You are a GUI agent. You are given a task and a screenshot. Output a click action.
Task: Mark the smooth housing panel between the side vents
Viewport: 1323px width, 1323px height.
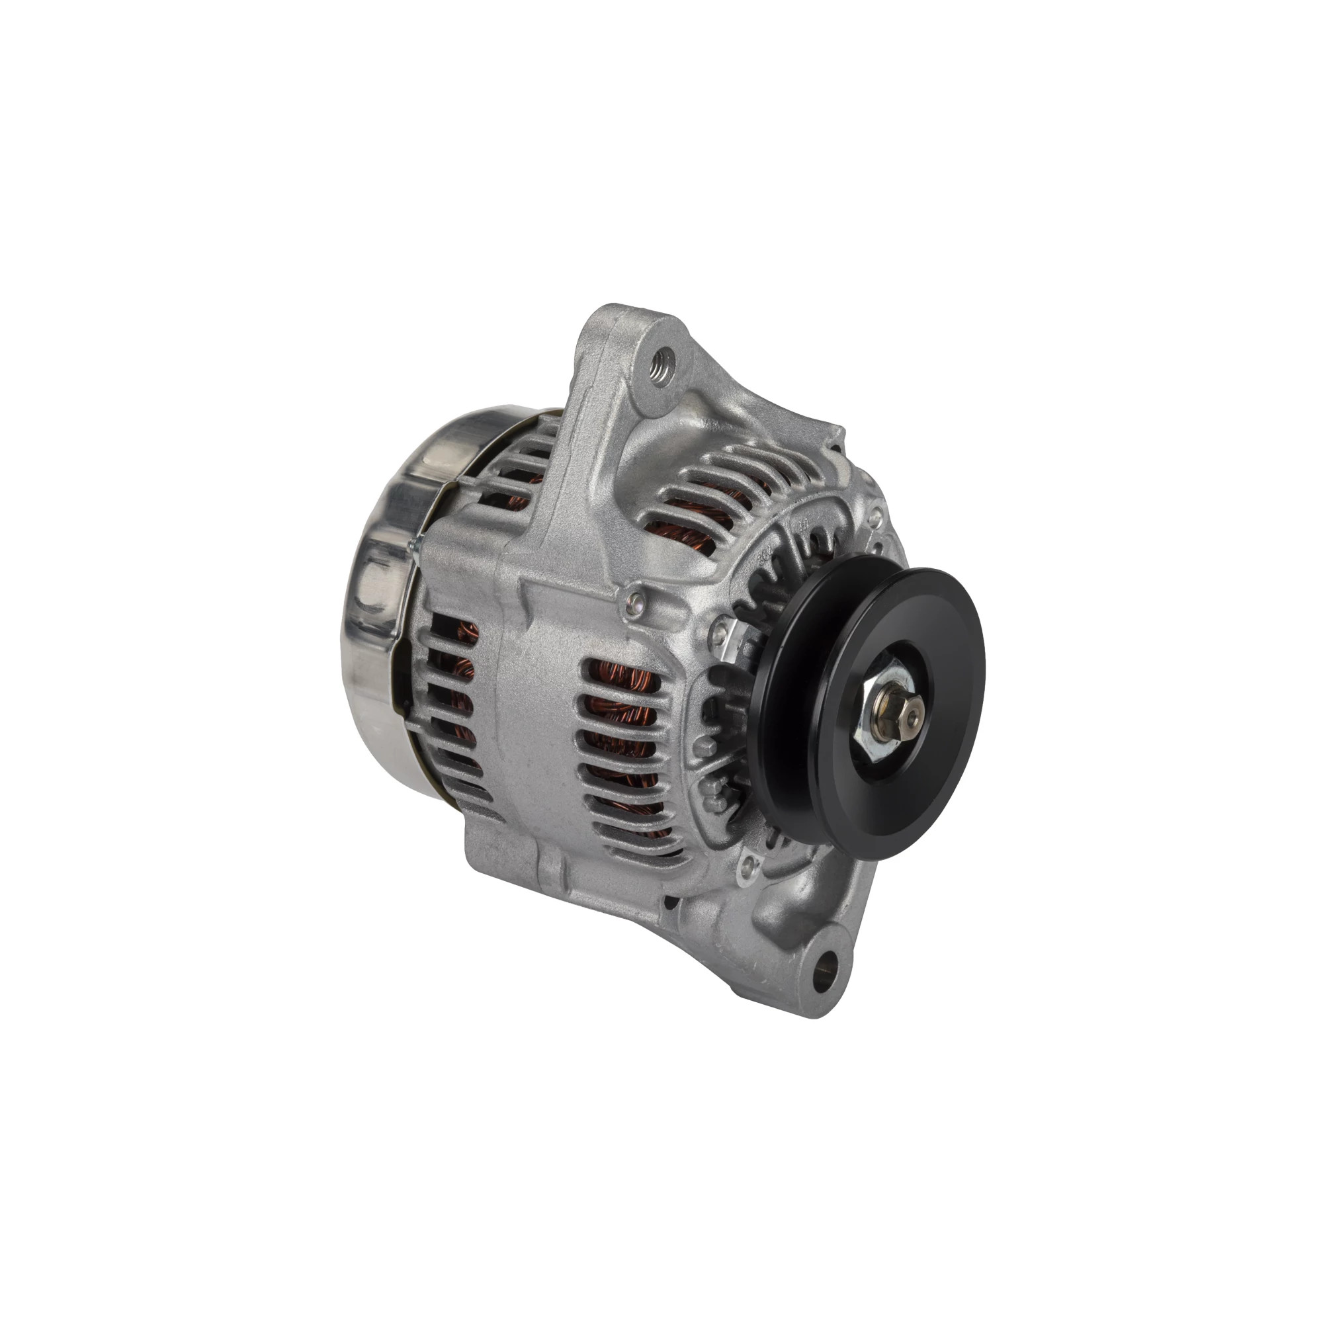coord(534,719)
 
